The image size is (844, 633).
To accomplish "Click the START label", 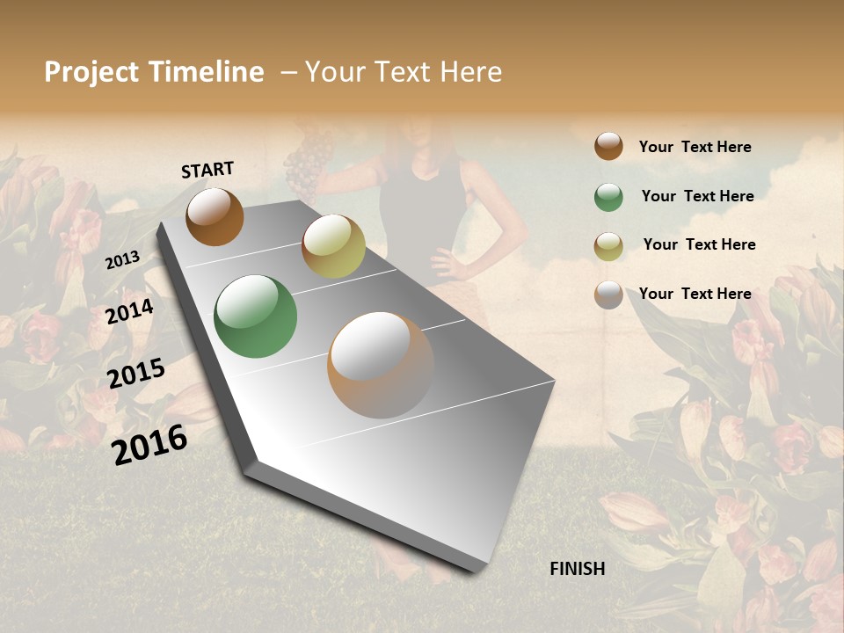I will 207,170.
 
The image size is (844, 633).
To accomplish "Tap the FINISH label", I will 577,569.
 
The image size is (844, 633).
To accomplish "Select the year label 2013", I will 122,260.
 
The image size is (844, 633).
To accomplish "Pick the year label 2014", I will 130,312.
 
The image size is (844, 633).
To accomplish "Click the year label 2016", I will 149,444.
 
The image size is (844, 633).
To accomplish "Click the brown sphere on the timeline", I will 215,216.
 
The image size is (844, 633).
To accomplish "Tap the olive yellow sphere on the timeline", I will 333,246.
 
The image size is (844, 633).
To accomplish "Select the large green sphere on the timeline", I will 256,316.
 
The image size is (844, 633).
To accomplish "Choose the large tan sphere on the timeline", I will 381,365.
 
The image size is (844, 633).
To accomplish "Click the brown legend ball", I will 608,146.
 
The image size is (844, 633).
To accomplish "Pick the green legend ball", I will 608,197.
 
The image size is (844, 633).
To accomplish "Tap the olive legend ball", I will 608,246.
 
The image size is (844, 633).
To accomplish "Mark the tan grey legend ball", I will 608,295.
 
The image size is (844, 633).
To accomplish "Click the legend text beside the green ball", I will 697,196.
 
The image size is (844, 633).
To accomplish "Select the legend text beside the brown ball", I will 695,147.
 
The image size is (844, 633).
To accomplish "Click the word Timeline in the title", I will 206,72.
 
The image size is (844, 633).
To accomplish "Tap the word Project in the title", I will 93,72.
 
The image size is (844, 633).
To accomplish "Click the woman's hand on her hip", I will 442,262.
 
